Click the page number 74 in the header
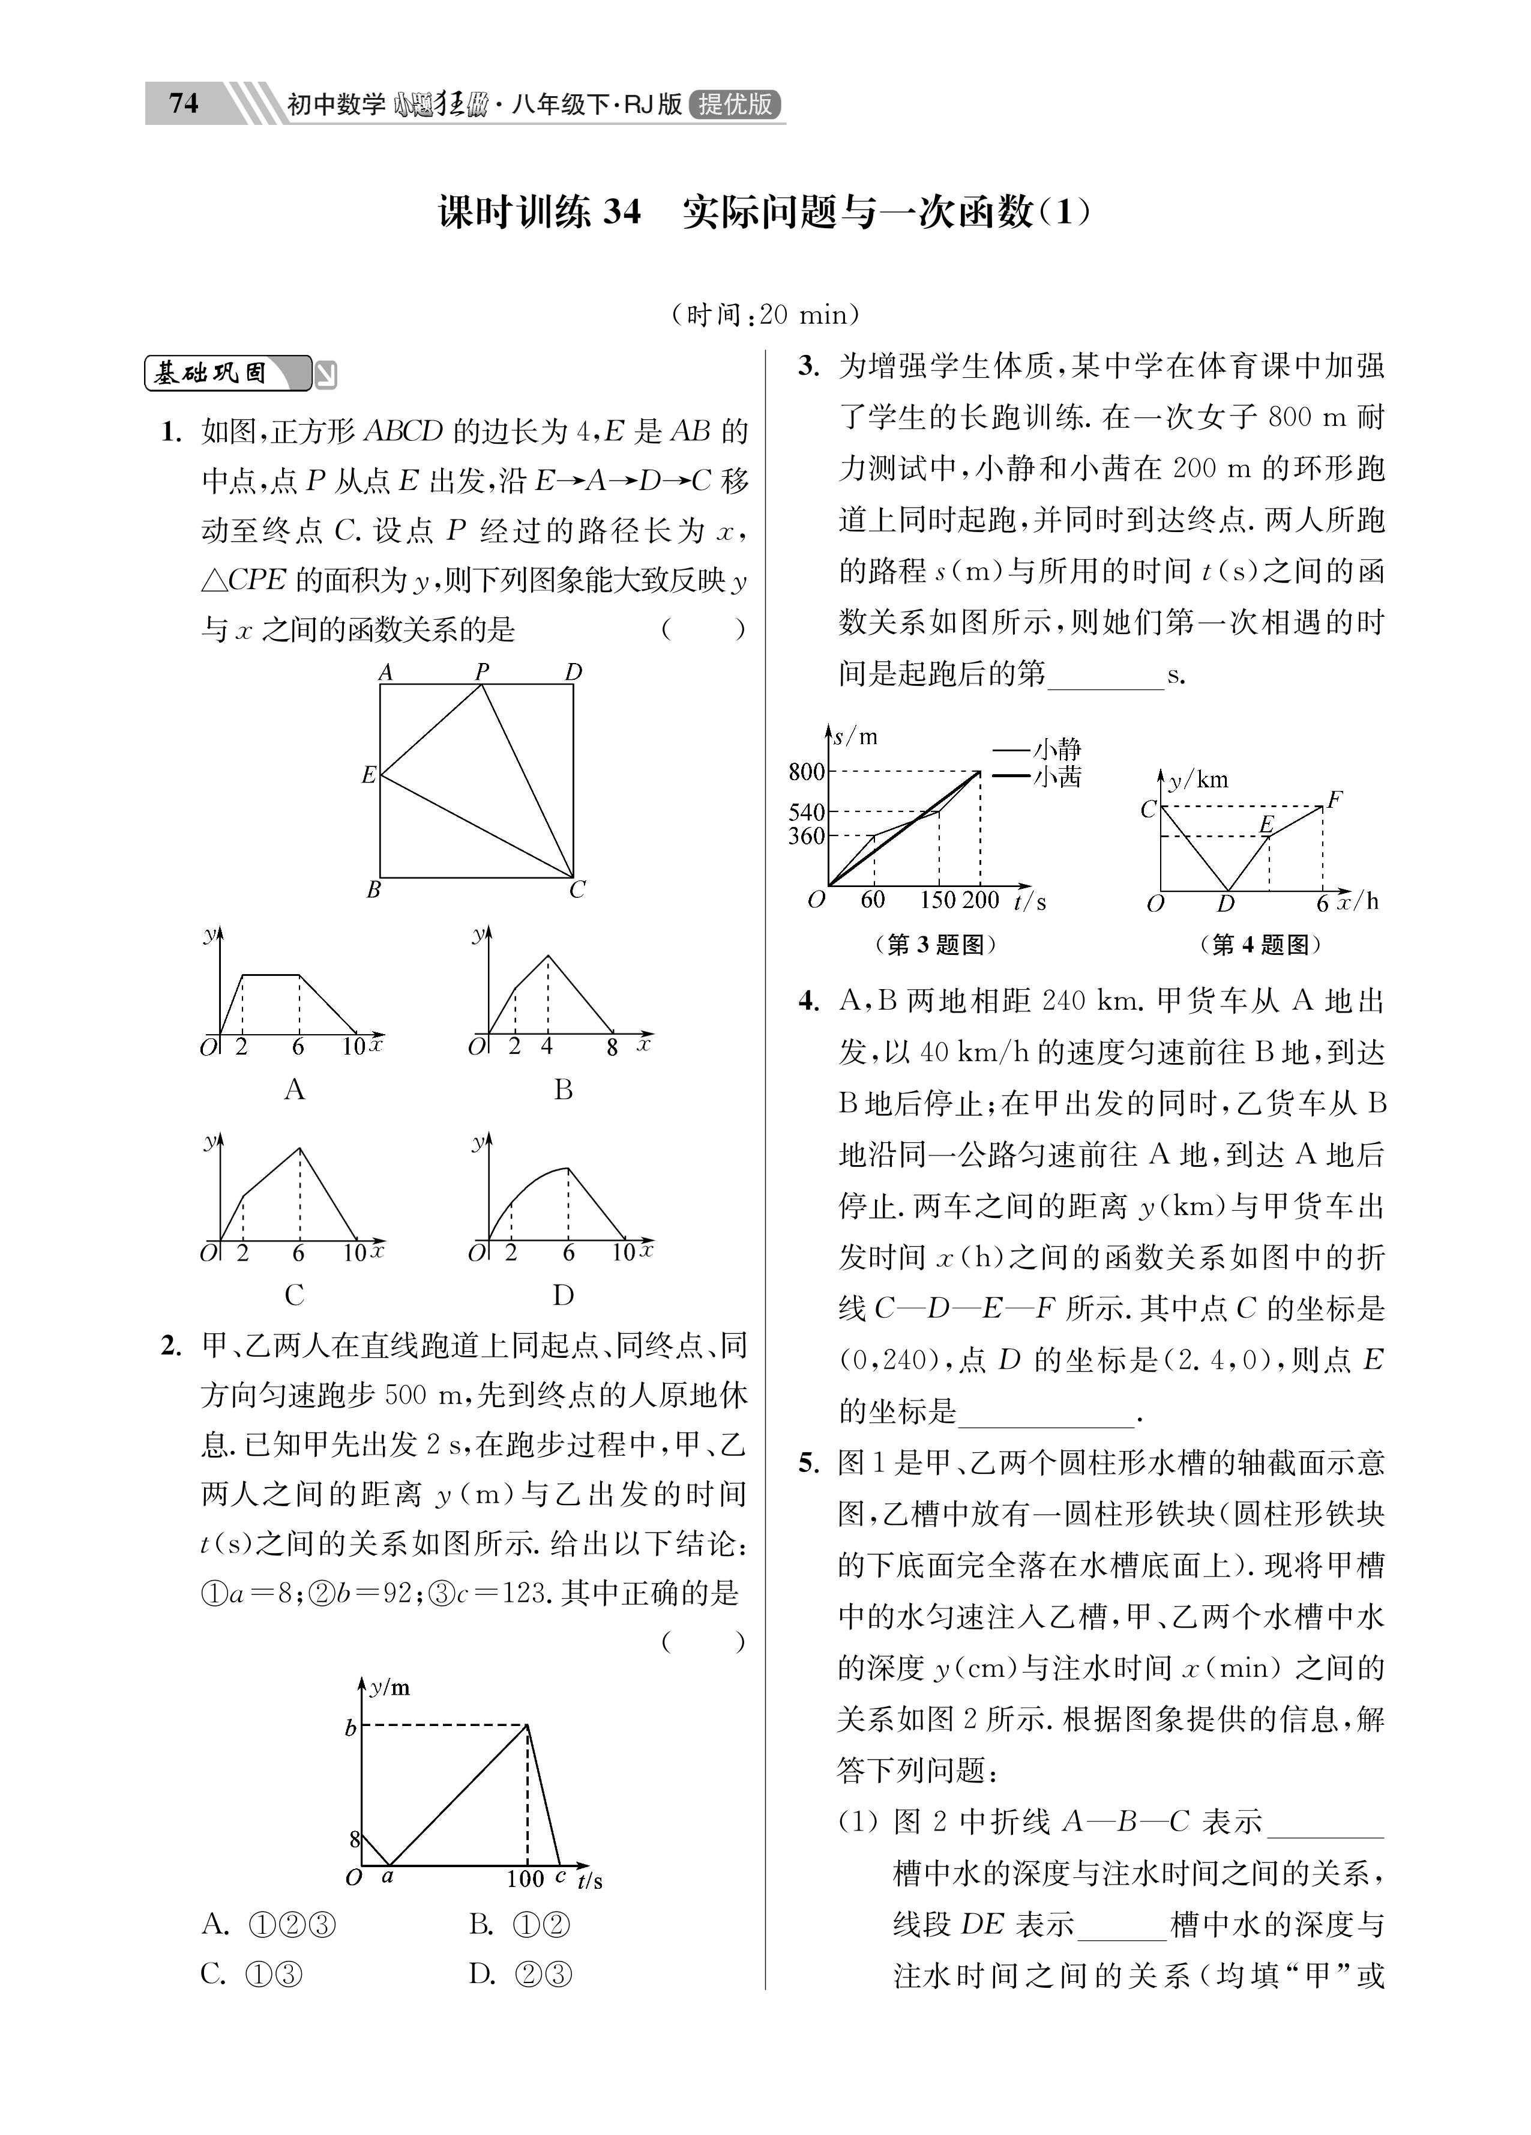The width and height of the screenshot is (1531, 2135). pos(184,103)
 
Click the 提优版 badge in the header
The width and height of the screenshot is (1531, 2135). pos(735,103)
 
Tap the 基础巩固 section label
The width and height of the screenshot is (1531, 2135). pos(212,374)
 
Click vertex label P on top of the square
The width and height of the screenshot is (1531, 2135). pos(482,671)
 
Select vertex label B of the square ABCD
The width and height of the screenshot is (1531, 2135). pos(373,889)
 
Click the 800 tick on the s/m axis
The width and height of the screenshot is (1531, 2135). pos(807,772)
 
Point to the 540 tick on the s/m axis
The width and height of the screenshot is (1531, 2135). pos(807,811)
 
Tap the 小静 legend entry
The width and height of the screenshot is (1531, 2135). pos(1056,750)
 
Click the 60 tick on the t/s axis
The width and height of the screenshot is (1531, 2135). pos(872,900)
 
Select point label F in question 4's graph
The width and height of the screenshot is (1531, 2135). pos(1334,800)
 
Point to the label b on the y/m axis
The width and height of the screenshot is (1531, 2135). pos(350,1728)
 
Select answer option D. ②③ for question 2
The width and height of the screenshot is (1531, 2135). pos(519,1974)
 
